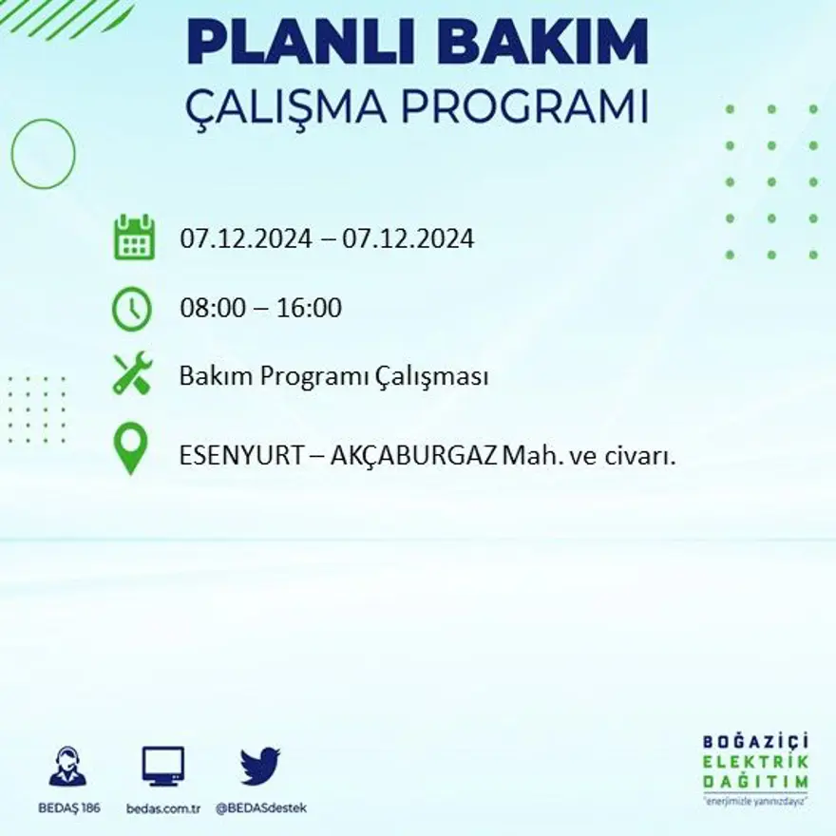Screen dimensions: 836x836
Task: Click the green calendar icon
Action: click(x=134, y=237)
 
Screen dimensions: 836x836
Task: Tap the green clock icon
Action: click(x=132, y=309)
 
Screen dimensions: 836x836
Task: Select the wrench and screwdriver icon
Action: click(x=132, y=373)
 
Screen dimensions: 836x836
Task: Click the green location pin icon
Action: click(x=130, y=449)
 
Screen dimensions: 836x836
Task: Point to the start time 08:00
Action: click(x=208, y=308)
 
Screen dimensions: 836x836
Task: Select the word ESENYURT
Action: click(x=237, y=455)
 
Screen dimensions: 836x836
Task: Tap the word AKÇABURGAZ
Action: click(x=414, y=455)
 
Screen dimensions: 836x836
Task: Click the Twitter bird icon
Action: click(x=260, y=766)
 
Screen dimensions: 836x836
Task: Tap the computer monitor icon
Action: click(x=163, y=766)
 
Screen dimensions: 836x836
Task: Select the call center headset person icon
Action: click(x=67, y=767)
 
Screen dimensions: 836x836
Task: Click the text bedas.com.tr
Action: click(x=163, y=807)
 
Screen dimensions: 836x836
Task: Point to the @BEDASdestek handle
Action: click(x=261, y=807)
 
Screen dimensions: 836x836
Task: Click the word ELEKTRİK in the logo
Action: click(x=756, y=762)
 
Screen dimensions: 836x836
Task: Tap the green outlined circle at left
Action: click(x=43, y=153)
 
